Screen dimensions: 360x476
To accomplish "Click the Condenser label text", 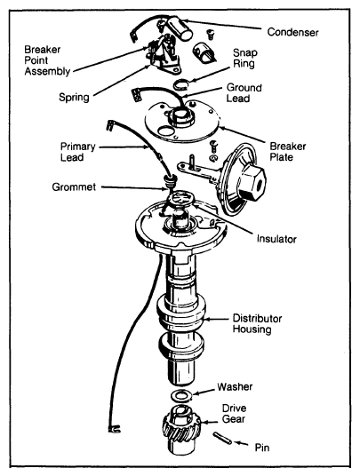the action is (x=292, y=32).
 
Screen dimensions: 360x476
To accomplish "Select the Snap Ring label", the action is (x=244, y=58).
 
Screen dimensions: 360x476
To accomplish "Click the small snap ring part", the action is (x=181, y=84).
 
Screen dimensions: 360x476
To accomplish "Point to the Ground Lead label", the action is (x=244, y=93).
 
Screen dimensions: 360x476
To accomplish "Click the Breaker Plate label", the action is (x=288, y=152).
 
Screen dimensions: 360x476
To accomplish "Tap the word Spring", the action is (x=74, y=97).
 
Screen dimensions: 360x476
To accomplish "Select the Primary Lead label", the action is (x=77, y=152).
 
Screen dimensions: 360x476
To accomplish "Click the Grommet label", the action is (x=74, y=186).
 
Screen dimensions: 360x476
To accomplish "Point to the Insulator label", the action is (x=276, y=239).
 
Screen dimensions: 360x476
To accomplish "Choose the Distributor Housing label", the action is (x=257, y=324).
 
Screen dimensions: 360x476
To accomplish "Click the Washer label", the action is (x=235, y=387).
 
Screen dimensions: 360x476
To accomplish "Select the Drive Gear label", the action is (x=234, y=414).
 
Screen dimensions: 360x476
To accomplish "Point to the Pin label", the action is (x=262, y=448).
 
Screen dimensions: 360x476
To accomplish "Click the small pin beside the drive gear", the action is (x=222, y=438).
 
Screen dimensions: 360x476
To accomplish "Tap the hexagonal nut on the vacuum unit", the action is (x=252, y=182).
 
